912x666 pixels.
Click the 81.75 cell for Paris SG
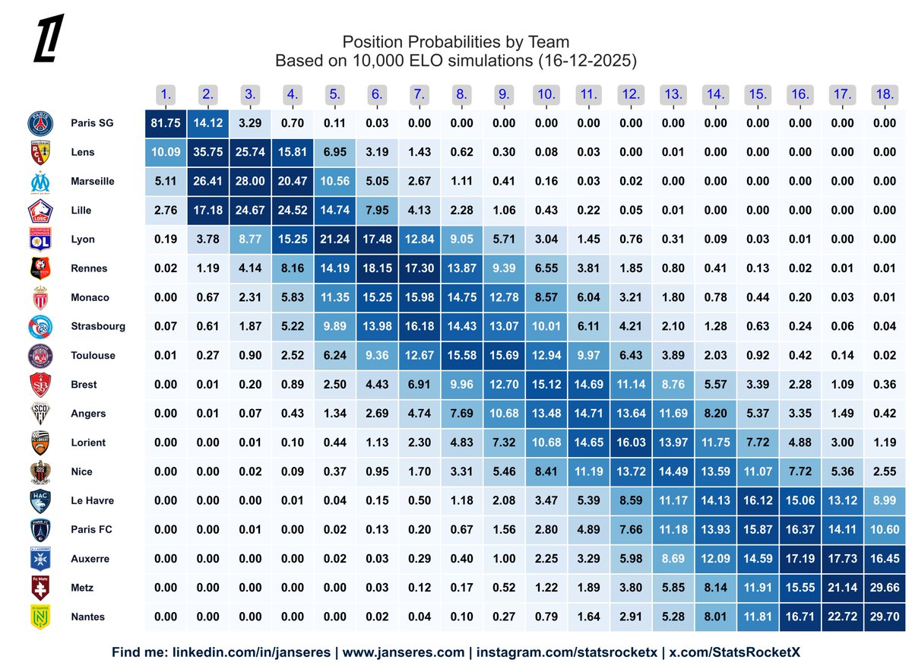click(x=166, y=123)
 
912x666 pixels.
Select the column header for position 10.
click(x=546, y=95)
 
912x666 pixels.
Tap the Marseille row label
click(x=92, y=181)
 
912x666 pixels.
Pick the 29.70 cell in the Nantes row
click(x=884, y=617)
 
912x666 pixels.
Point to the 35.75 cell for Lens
click(x=208, y=152)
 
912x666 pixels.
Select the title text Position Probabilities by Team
click(x=455, y=41)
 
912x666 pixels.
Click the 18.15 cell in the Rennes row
click(x=377, y=268)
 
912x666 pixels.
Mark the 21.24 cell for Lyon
click(x=335, y=239)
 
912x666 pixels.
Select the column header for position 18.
click(x=884, y=95)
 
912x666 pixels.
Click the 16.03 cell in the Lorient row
click(x=631, y=442)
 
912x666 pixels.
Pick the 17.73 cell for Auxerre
click(x=841, y=559)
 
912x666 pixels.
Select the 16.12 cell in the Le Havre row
click(x=757, y=500)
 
